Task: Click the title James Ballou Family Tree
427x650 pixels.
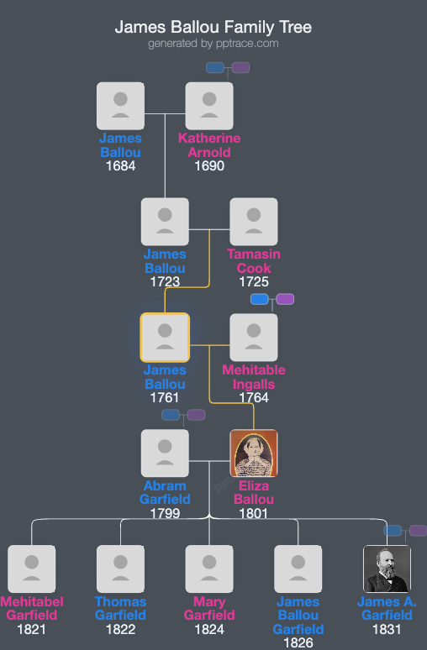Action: coord(213,28)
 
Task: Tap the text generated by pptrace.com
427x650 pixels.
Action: coord(213,44)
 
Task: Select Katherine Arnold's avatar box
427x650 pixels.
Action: coord(209,106)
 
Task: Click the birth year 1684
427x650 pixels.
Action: coord(120,166)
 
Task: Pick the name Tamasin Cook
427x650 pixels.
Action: coord(254,261)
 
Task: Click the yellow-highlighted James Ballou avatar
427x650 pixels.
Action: coord(165,338)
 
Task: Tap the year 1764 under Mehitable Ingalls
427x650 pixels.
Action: coord(254,397)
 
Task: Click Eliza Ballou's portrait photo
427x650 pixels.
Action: coord(254,453)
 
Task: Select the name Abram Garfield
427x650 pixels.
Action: coord(165,492)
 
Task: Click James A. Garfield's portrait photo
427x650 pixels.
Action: coord(387,569)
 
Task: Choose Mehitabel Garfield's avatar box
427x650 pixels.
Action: coord(32,569)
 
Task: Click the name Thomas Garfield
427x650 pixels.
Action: coord(120,608)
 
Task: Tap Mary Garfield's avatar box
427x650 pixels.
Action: coord(209,569)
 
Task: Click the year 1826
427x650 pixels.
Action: coord(298,642)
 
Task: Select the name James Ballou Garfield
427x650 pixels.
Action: coord(298,616)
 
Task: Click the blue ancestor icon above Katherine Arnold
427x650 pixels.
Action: coord(215,67)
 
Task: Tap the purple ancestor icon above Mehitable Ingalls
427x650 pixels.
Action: coord(285,299)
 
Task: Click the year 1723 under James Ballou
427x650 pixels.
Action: coord(165,281)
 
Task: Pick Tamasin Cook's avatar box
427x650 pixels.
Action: coord(254,222)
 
